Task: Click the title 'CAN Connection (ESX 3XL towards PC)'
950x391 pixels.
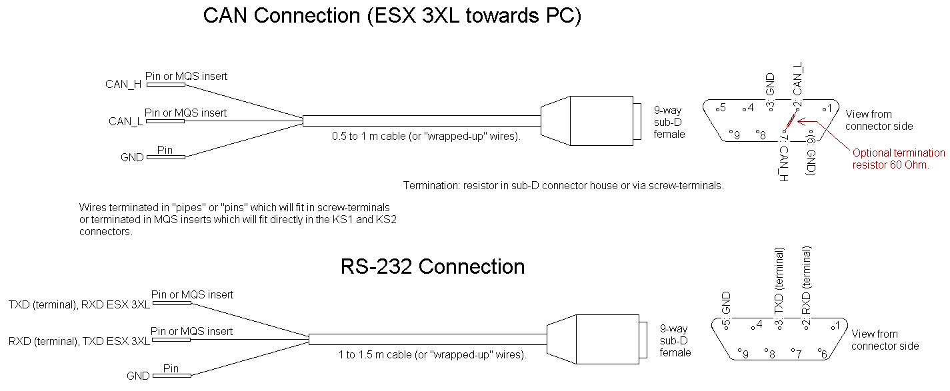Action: [392, 17]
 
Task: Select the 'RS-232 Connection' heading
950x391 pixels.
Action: [433, 266]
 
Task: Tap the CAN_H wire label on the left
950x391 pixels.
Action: [123, 85]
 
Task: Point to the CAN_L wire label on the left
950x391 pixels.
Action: [125, 121]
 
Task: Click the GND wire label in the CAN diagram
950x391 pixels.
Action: [132, 158]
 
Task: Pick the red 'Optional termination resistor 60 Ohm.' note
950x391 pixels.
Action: [899, 159]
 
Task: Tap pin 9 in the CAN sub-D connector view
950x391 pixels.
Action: [735, 135]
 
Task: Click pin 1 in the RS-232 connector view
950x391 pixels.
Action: [833, 326]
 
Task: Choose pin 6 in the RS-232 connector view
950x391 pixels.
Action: [823, 354]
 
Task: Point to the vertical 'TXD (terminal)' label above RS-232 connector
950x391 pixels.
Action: [779, 281]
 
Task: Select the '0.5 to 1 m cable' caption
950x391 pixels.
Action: [426, 137]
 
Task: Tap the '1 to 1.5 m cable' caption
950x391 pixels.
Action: [433, 355]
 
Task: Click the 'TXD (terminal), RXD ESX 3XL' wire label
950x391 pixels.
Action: [79, 305]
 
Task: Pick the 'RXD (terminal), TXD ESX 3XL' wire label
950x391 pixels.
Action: [79, 342]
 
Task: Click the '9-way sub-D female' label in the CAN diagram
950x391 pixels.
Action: [669, 122]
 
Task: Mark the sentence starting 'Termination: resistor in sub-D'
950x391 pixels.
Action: [563, 186]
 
